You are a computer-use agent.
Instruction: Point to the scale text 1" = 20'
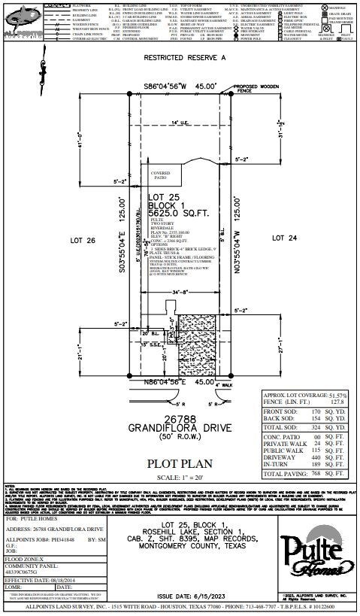(179, 478)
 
